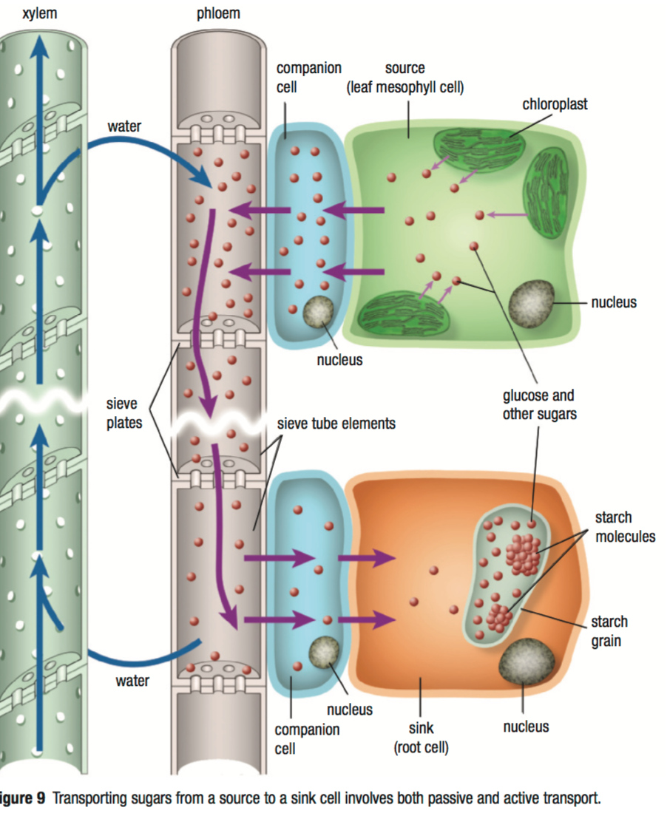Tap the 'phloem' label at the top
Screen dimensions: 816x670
click(218, 14)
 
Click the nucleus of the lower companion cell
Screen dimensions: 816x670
click(324, 651)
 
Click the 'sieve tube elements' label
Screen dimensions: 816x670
click(336, 424)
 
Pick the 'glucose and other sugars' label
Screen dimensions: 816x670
click(538, 404)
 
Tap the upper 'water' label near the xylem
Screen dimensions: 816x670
click(124, 126)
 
